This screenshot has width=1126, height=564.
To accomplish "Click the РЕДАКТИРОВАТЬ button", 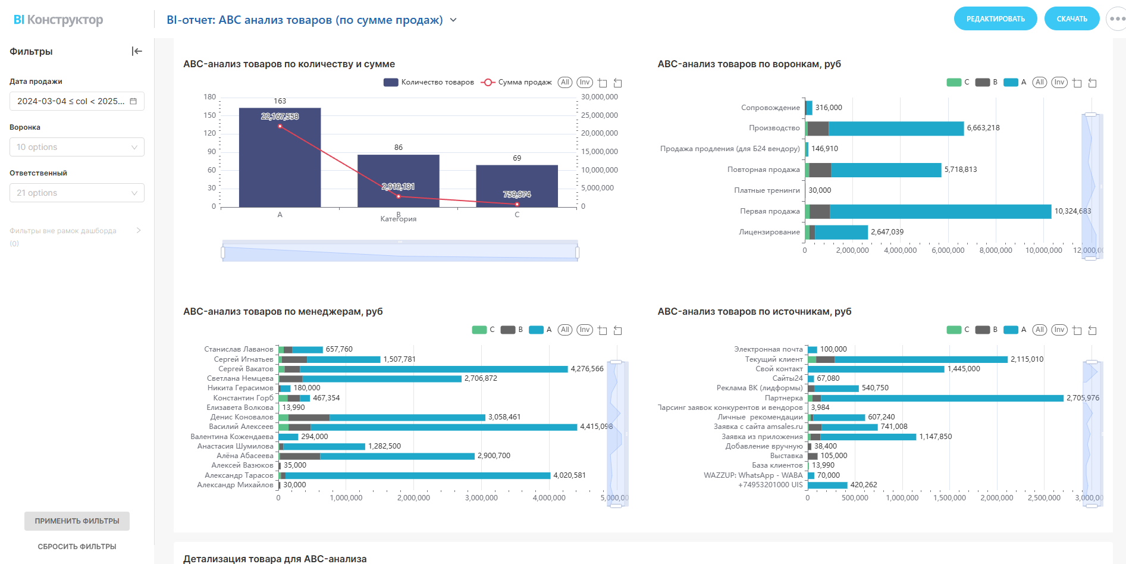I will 995,19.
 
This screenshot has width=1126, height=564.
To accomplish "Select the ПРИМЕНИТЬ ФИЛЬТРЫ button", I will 77,521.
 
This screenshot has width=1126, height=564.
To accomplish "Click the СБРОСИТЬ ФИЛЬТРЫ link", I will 77,547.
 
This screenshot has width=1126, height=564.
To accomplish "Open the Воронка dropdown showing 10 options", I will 77,147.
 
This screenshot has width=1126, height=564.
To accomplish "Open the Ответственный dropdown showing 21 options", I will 77,193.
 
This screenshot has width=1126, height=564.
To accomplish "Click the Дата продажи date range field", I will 77,101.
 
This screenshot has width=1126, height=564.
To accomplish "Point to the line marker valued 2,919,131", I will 399,196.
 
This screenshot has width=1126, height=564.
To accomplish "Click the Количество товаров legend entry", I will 429,82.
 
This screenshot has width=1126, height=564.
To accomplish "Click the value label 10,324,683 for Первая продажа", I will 1072,211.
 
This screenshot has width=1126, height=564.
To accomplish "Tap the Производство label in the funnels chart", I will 774,128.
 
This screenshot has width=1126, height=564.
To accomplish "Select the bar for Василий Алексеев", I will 428,427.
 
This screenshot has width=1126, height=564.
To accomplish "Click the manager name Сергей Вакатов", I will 246,369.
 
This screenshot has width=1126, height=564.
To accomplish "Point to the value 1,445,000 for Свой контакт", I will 964,369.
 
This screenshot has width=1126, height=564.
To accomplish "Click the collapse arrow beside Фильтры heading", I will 137,51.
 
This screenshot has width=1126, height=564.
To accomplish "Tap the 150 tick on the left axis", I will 209,115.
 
